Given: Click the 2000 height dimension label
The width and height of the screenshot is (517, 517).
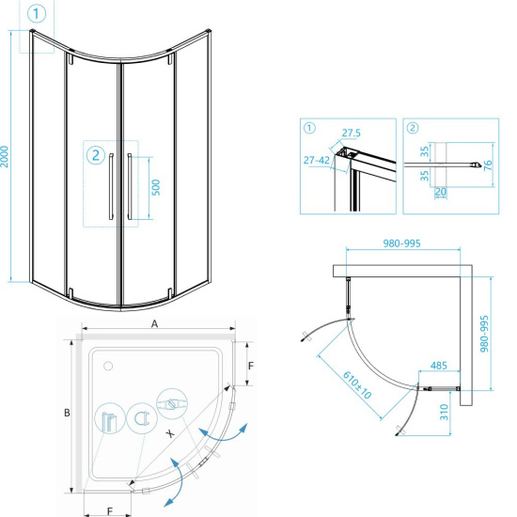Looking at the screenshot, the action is tap(5, 157).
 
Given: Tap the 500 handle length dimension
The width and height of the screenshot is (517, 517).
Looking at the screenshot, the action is tap(156, 187).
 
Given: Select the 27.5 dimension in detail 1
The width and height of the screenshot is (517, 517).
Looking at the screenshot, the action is tap(352, 133).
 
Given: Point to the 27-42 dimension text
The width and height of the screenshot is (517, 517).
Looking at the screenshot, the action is tap(317, 160).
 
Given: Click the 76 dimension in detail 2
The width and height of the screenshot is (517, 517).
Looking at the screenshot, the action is tap(488, 165).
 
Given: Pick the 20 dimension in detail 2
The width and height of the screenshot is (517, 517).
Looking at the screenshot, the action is tap(441, 192).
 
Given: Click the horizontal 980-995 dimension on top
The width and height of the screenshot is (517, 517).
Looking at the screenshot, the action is tap(401, 243).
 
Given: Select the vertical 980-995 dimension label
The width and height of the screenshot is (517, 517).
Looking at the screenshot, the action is tap(484, 334).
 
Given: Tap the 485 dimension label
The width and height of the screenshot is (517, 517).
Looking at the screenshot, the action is tap(439, 366).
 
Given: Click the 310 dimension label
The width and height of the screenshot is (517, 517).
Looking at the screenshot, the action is tap(444, 412).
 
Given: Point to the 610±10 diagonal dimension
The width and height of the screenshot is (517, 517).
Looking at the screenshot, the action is tap(357, 384).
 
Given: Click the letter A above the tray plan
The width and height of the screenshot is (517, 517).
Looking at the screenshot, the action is tap(154, 324).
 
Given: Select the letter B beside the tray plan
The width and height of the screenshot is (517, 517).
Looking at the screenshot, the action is tap(67, 413).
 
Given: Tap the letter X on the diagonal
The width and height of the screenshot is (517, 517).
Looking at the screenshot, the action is tap(170, 433).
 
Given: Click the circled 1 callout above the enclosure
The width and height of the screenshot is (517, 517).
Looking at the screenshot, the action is tap(37, 14).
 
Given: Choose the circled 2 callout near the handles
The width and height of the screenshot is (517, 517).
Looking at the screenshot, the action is tap(96, 155).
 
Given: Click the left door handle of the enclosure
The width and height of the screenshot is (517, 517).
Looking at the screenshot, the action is tap(111, 186).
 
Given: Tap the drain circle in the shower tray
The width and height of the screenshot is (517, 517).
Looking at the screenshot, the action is tap(108, 366).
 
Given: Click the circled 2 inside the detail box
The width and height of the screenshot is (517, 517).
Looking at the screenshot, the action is tap(413, 128).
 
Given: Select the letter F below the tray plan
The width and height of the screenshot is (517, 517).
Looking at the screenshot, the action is tap(110, 511).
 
